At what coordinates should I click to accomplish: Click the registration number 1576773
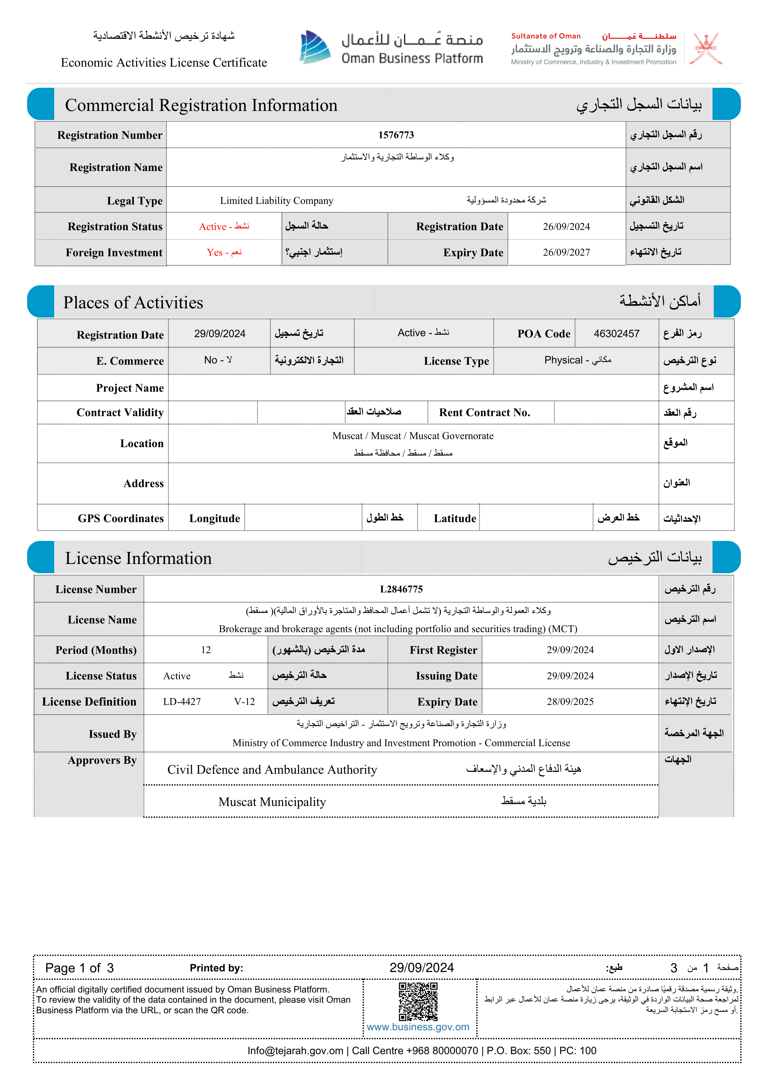pos(396,135)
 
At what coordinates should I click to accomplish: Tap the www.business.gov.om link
pos(418,1027)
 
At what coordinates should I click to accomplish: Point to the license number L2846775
pos(401,589)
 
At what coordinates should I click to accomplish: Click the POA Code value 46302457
pos(617,334)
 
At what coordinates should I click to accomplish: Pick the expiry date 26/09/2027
pos(566,252)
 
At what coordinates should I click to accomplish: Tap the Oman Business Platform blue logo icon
pos(315,47)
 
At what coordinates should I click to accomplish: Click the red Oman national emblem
pos(705,48)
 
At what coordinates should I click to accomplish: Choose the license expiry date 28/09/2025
pos(570,702)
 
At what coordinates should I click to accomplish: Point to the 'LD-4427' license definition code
pos(182,702)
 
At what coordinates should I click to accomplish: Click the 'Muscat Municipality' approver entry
pos(272,802)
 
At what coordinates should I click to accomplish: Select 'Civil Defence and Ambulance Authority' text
pos(272,770)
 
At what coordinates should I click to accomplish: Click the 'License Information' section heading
pos(138,558)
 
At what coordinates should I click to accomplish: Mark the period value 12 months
pos(206,650)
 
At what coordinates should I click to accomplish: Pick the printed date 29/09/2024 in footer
pos(422,968)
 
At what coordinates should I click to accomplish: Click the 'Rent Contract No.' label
pos(485,413)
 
